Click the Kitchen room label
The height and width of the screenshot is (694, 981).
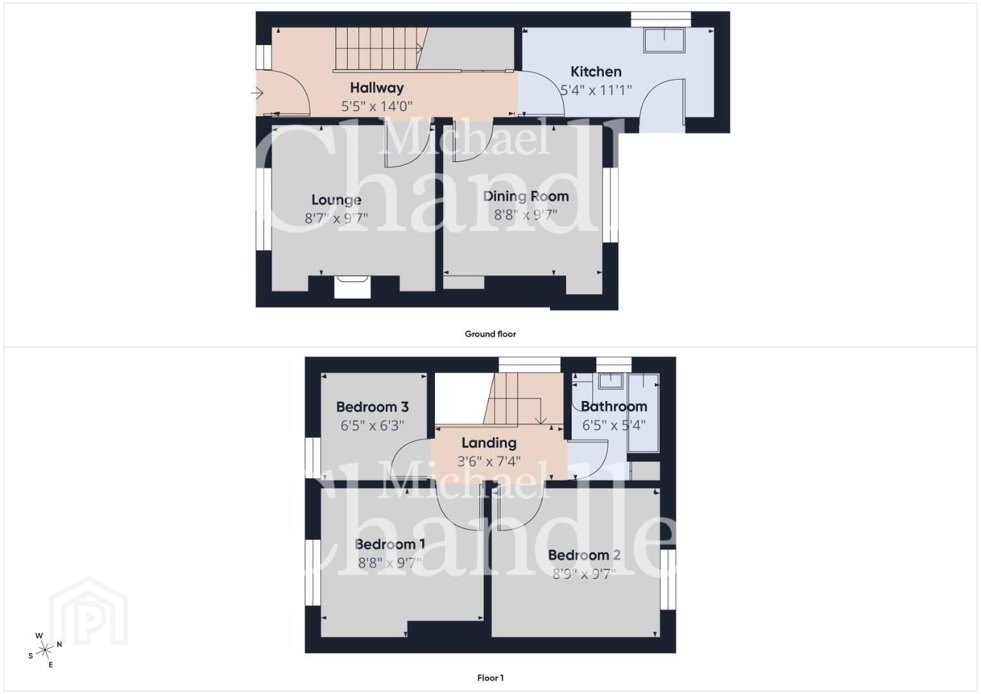click(596, 71)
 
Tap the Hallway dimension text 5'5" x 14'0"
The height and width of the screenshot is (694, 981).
click(376, 106)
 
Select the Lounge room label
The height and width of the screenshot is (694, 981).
click(337, 200)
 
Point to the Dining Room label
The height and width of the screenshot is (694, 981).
click(526, 196)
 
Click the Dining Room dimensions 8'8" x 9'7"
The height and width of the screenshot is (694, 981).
click(526, 215)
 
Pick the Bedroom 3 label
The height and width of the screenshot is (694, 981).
click(372, 407)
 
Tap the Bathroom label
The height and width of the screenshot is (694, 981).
click(614, 407)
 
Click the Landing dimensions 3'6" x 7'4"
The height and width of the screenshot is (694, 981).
click(489, 461)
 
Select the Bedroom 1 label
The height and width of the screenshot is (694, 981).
click(389, 544)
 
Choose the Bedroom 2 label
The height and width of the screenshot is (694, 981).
click(584, 555)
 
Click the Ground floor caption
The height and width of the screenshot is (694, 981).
click(490, 334)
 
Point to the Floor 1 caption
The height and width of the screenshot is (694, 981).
click(490, 678)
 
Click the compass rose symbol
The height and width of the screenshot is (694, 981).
click(45, 650)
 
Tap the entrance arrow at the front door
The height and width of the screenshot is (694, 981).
click(256, 93)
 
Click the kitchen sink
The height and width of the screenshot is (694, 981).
click(664, 40)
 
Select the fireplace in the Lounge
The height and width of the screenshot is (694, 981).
click(352, 287)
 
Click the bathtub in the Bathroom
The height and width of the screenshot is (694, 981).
click(643, 413)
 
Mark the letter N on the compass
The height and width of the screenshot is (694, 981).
click(59, 645)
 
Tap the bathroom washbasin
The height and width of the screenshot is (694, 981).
click(610, 380)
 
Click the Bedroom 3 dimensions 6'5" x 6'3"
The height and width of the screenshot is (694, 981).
click(372, 425)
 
